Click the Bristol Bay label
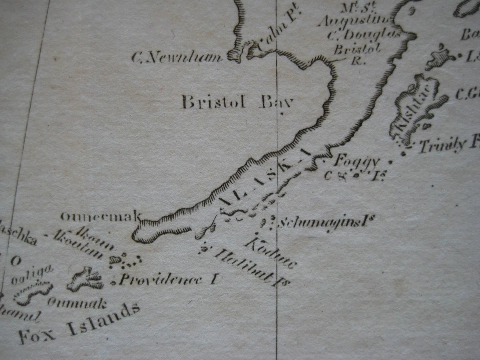tap(236, 102)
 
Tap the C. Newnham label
tap(177, 58)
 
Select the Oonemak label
tap(100, 216)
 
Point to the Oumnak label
tap(77, 302)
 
